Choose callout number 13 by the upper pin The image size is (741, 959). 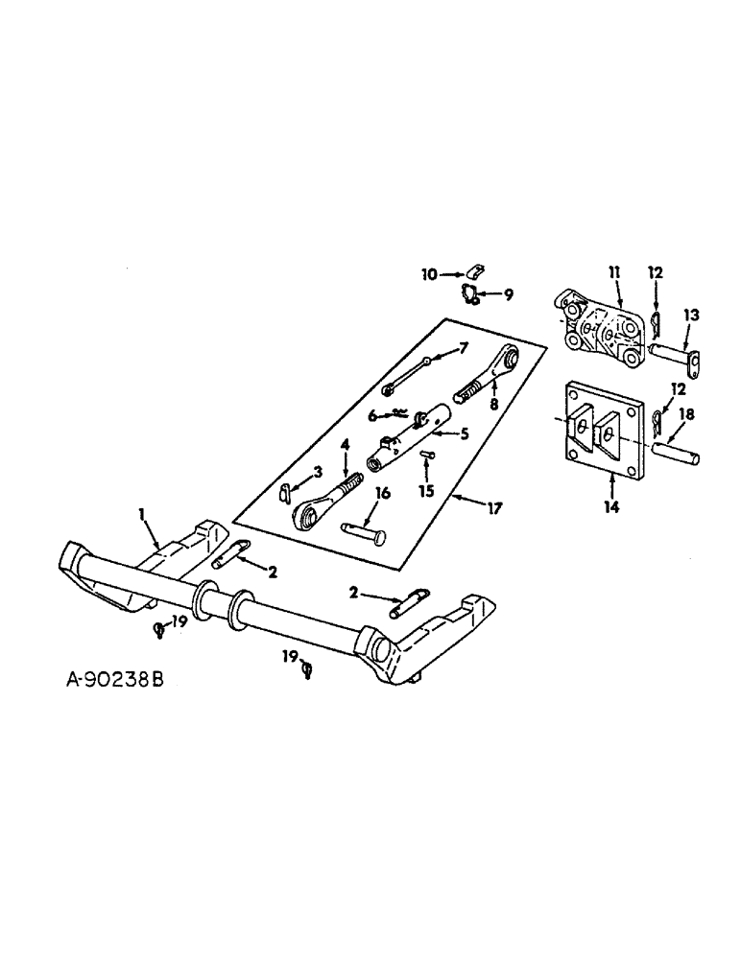pos(691,315)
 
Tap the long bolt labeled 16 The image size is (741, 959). pos(363,527)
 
